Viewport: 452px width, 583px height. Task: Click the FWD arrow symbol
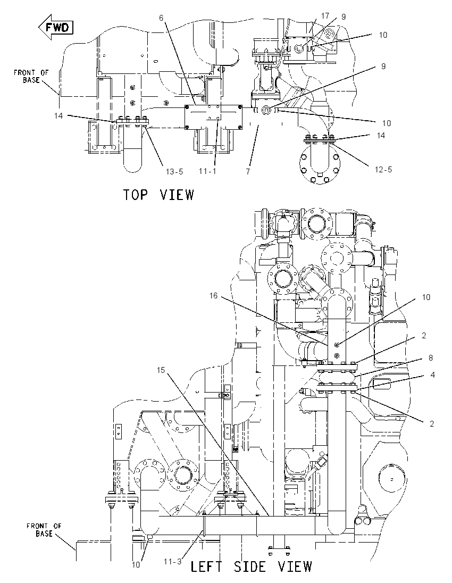pyautogui.click(x=56, y=27)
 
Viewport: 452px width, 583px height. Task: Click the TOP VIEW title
pyautogui.click(x=158, y=195)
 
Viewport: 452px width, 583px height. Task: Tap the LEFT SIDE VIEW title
pyautogui.click(x=252, y=567)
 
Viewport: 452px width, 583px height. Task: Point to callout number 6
pyautogui.click(x=161, y=18)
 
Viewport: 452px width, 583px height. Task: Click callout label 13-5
pyautogui.click(x=174, y=171)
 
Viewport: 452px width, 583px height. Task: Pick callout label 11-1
pyautogui.click(x=207, y=171)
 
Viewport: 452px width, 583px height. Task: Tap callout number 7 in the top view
pyautogui.click(x=248, y=171)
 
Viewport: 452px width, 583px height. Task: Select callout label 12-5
pyautogui.click(x=383, y=170)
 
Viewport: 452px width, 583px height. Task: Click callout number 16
pyautogui.click(x=213, y=296)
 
